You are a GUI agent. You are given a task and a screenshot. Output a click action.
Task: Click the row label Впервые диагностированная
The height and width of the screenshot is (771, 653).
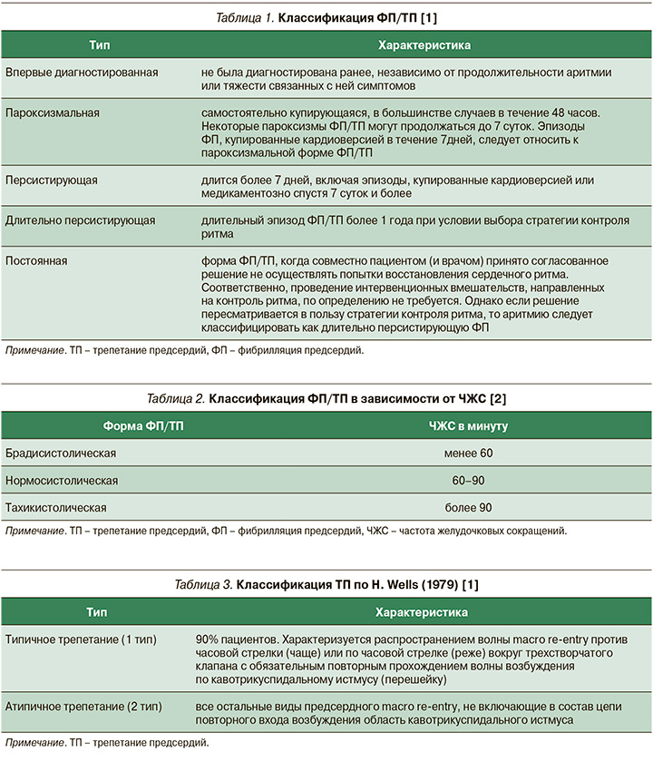point(82,72)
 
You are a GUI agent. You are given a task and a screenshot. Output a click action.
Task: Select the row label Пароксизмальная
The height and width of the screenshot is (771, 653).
point(53,112)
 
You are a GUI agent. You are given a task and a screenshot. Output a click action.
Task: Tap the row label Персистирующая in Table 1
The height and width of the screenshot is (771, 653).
point(51,181)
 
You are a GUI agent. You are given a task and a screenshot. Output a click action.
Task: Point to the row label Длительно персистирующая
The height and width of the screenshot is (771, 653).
point(80,220)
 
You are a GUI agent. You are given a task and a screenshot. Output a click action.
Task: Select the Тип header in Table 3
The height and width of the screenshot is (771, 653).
point(99,612)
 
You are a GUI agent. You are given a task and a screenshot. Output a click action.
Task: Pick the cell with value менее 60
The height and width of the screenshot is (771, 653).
point(468,453)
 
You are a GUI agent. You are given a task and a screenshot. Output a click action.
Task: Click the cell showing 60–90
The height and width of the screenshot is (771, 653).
point(468,480)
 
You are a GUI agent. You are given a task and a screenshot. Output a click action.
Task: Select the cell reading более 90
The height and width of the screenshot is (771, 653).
point(468,507)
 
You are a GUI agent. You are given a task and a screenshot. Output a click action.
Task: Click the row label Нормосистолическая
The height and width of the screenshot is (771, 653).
point(62,480)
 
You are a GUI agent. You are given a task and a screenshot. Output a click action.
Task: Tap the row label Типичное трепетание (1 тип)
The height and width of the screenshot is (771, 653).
point(81,639)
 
